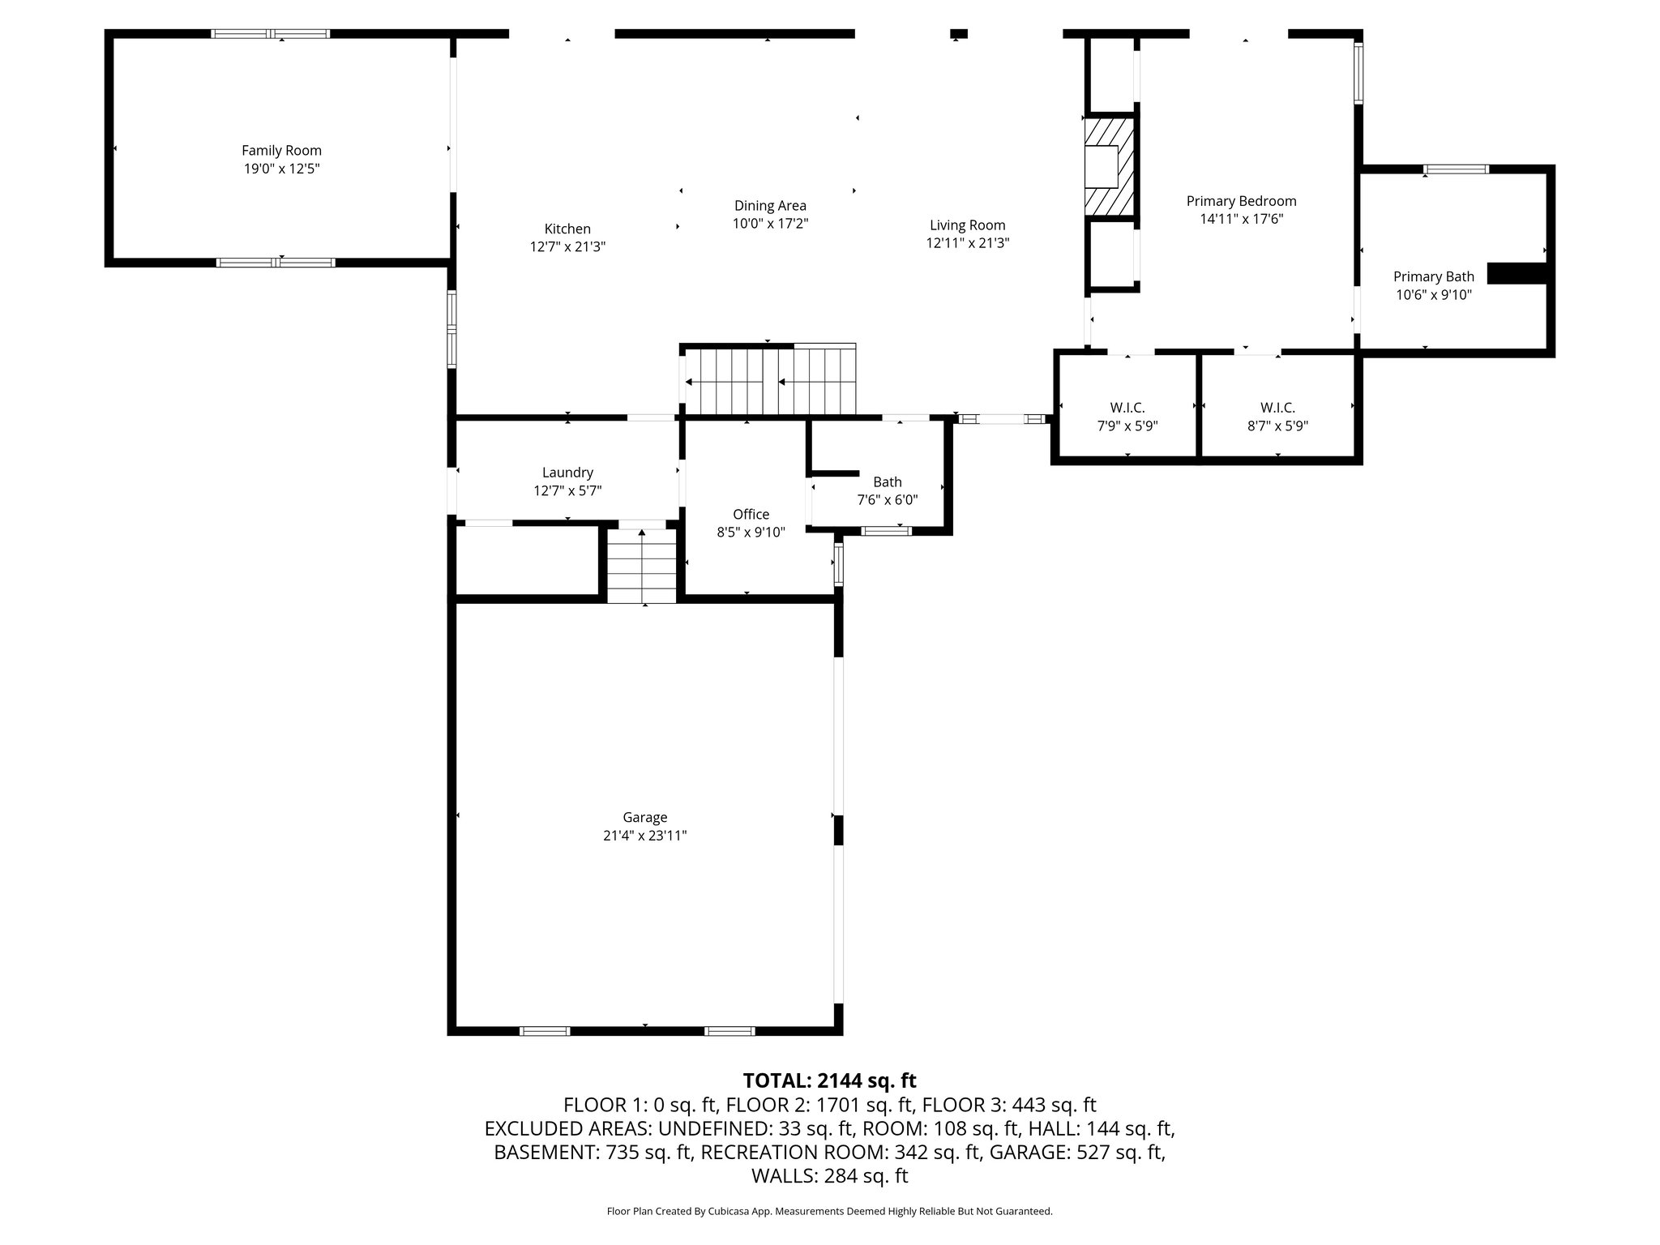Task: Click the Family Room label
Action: pyautogui.click(x=281, y=151)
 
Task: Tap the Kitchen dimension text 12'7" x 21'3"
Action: pyautogui.click(x=567, y=247)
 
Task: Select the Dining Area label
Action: pyautogui.click(x=770, y=206)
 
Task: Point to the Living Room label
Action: pyautogui.click(x=967, y=225)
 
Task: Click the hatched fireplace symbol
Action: pyautogui.click(x=1110, y=166)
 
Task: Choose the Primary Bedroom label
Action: pyautogui.click(x=1241, y=201)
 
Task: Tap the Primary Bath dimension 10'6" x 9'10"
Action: pyautogui.click(x=1433, y=295)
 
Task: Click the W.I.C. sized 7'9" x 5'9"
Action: pyautogui.click(x=1127, y=417)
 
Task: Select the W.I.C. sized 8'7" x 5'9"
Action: pyautogui.click(x=1277, y=417)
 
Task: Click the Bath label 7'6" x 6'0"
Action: pyautogui.click(x=887, y=490)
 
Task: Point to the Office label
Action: pyautogui.click(x=751, y=514)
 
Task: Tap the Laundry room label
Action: pyautogui.click(x=567, y=473)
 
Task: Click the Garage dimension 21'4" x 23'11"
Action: pyautogui.click(x=644, y=836)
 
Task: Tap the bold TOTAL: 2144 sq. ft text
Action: pyautogui.click(x=829, y=1080)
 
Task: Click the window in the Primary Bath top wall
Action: pyautogui.click(x=1457, y=169)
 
